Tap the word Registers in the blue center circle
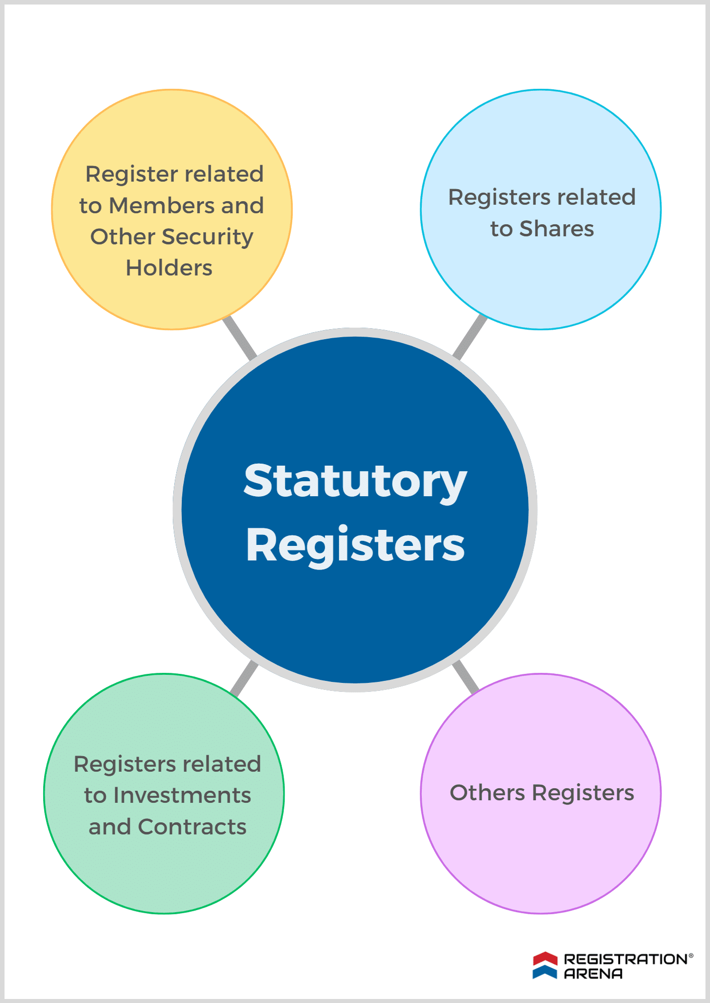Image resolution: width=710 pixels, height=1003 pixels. tap(355, 545)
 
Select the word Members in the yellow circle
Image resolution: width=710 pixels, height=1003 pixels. tap(162, 206)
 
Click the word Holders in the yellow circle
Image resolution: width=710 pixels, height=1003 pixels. tap(169, 268)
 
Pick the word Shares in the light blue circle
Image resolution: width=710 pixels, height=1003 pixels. tap(556, 229)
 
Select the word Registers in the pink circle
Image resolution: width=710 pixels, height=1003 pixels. tap(583, 793)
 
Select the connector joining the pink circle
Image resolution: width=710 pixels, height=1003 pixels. tap(465, 677)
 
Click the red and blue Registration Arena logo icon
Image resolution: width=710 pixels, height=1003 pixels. tap(545, 965)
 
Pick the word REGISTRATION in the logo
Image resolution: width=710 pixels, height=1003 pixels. tap(626, 959)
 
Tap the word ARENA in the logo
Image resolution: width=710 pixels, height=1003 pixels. tap(593, 974)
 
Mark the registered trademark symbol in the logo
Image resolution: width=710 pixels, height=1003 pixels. tap(691, 955)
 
